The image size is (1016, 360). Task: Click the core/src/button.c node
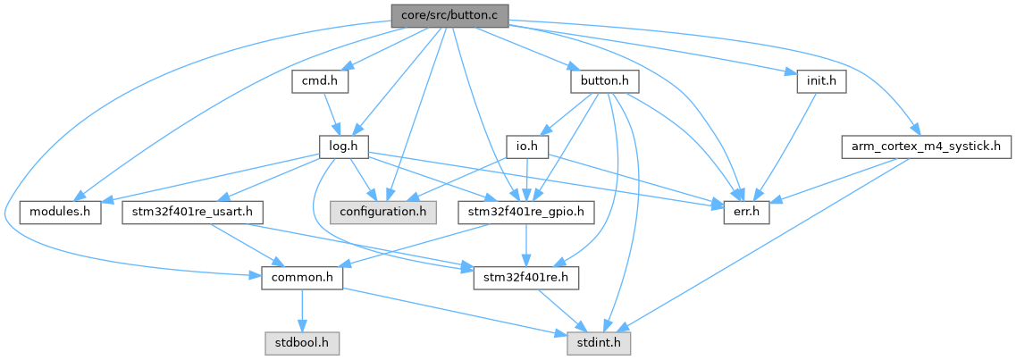tap(449, 15)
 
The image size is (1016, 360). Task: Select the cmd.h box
tap(319, 81)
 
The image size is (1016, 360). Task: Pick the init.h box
tap(820, 81)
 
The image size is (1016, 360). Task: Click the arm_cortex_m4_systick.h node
tap(925, 147)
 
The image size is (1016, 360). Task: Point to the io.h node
tap(526, 147)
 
